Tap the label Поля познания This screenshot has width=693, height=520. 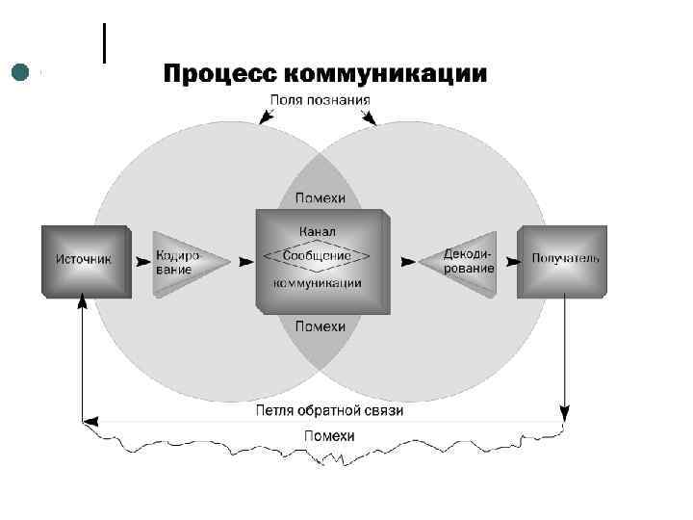[320, 99]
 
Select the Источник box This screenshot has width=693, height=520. [84, 259]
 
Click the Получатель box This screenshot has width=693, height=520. [564, 259]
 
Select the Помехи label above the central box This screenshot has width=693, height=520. [320, 198]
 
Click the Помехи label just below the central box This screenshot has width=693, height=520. [320, 326]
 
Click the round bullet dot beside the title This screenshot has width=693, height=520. [19, 71]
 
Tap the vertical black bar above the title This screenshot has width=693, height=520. [103, 43]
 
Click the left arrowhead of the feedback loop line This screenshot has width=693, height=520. [90, 420]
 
